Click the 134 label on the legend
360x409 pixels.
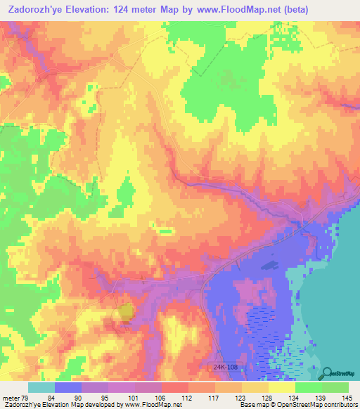tap(293, 398)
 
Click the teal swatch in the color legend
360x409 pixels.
tap(41, 387)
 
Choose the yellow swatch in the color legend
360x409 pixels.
tap(281, 387)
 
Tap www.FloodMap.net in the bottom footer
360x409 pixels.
tap(148, 405)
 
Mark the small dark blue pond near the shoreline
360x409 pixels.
tap(269, 266)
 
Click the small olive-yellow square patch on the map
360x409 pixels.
tap(124, 312)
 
